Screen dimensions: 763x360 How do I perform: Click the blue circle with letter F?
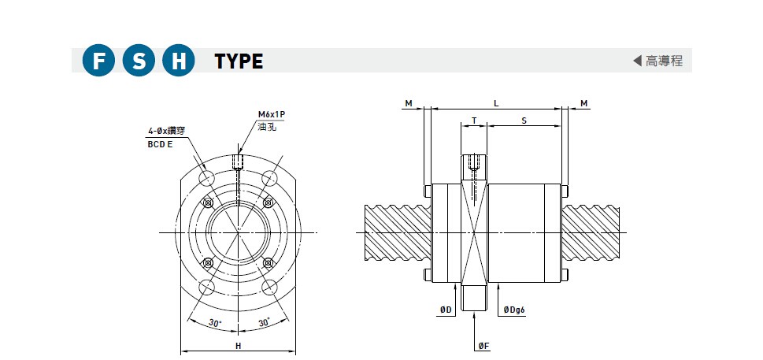tap(98, 61)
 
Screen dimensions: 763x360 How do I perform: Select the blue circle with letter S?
tap(139, 61)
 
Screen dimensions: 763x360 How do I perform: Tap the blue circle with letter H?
tap(179, 61)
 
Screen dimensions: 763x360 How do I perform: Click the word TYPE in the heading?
tap(239, 61)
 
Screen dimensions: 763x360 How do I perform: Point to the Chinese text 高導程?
tap(665, 61)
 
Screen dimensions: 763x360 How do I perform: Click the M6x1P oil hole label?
tap(271, 115)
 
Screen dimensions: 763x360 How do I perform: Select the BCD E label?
tap(160, 144)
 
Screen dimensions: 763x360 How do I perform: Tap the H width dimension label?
tap(239, 346)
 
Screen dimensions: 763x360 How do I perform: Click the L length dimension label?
tap(496, 103)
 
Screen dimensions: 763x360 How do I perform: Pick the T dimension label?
tap(474, 121)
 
